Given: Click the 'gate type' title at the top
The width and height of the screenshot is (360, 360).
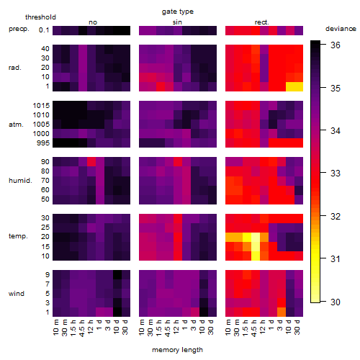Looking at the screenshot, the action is pos(178,12).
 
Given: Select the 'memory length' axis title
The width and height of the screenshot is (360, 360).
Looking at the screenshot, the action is pos(177,350).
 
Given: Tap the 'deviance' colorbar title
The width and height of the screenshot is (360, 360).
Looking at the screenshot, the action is pos(341,29).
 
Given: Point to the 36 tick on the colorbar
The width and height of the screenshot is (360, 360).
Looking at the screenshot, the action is pos(336,45).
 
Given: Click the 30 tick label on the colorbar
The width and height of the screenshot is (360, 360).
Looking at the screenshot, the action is pos(336,302).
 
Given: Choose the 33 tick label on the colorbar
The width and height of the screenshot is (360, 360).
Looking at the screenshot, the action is pos(336,174).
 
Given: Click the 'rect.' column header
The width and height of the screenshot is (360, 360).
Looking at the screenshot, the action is pos(262,22).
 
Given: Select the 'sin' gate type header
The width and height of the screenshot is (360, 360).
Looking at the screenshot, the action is pos(177,22).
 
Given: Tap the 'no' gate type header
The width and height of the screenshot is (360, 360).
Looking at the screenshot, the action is pos(93,22).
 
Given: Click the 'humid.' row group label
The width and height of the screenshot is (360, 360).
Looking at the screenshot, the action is pos(20,181).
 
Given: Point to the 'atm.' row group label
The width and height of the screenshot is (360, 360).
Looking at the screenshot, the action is pos(16,125).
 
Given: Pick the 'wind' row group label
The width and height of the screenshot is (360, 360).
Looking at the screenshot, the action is pos(17,294).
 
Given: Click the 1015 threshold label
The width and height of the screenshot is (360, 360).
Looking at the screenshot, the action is pos(41,106).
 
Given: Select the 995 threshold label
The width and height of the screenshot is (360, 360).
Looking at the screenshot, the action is pos(43,143).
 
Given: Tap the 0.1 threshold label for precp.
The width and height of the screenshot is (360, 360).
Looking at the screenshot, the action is pos(44,30).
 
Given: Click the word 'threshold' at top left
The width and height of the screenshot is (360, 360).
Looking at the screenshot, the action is pos(40,17).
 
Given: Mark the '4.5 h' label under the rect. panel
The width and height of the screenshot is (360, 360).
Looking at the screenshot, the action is pos(254,328).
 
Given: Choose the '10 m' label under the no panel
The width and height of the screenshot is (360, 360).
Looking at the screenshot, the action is pos(55,327).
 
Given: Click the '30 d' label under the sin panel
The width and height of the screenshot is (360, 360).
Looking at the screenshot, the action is pos(210,327).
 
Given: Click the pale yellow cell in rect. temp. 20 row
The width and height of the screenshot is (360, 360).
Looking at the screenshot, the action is pos(256,237).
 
